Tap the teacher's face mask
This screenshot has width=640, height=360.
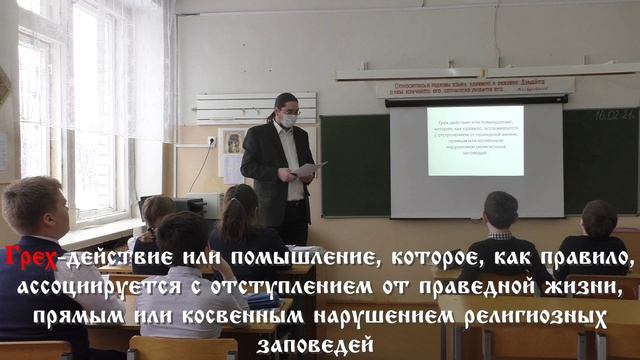pos(287,119)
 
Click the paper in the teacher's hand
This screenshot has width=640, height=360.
pos(308,169)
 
